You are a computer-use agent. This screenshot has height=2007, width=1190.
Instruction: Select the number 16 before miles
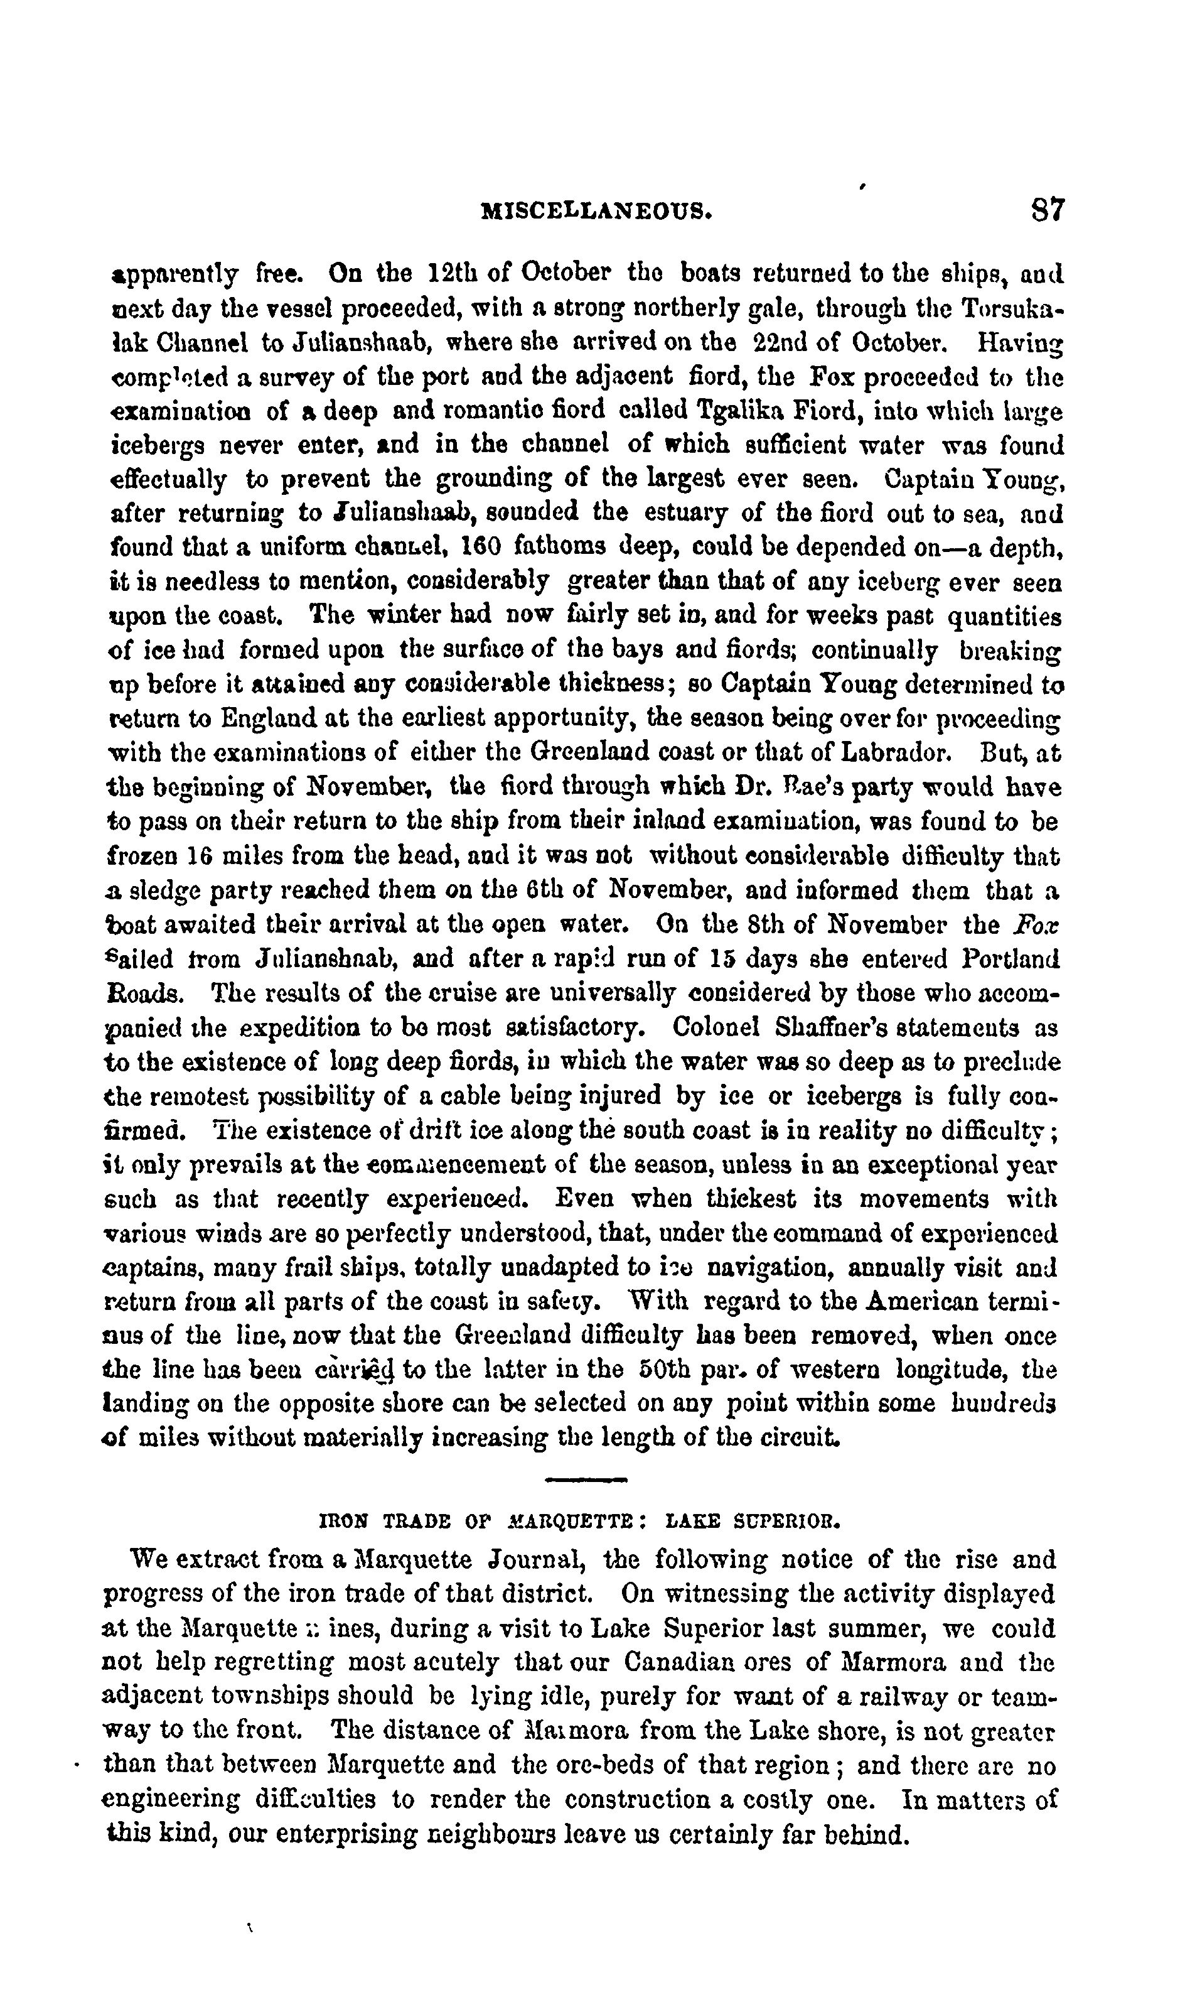pyautogui.click(x=200, y=856)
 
